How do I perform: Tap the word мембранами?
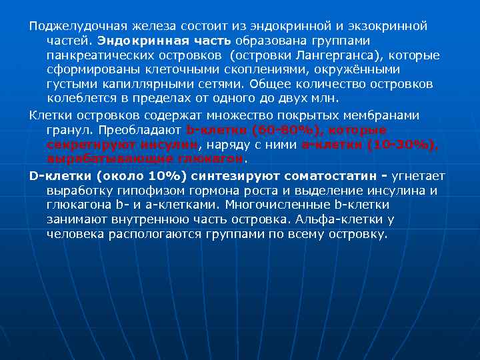382,115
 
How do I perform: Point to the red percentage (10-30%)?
403,144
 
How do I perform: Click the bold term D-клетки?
60,177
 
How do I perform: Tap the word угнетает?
418,177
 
